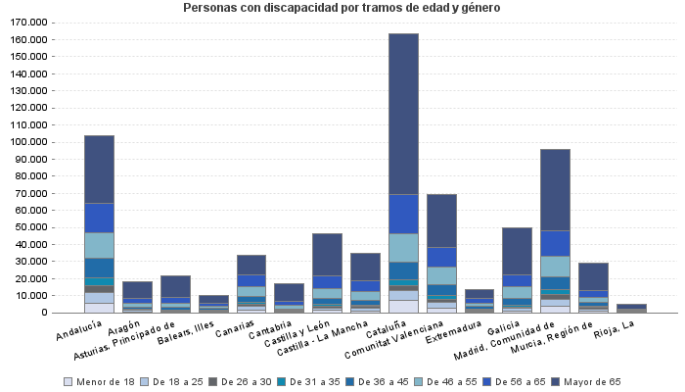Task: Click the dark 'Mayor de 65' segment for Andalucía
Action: pyautogui.click(x=99, y=169)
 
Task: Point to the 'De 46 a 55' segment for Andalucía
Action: pyautogui.click(x=99, y=245)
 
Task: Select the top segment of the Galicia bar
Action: pyautogui.click(x=517, y=251)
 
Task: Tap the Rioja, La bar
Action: pyautogui.click(x=631, y=308)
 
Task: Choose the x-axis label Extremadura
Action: pyautogui.click(x=460, y=328)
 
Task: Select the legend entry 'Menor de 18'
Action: pyautogui.click(x=102, y=381)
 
